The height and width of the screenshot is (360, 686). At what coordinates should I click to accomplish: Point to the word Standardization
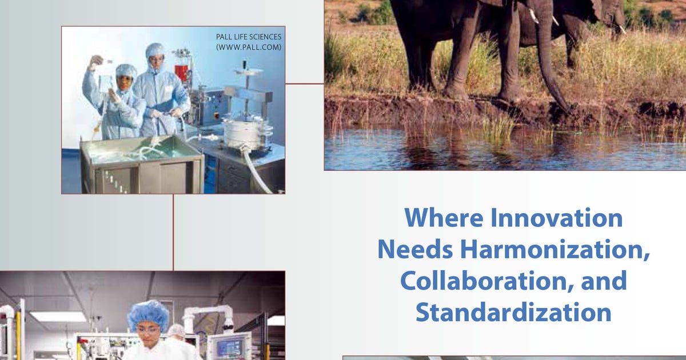pyautogui.click(x=513, y=313)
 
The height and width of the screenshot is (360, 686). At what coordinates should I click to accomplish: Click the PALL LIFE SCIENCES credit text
pyautogui.click(x=249, y=37)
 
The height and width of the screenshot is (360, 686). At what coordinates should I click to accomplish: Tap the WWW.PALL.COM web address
pyautogui.click(x=249, y=47)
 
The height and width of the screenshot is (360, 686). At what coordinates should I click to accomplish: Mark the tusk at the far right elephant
pyautogui.click(x=622, y=28)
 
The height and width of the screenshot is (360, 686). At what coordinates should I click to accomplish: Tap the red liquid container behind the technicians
pyautogui.click(x=182, y=71)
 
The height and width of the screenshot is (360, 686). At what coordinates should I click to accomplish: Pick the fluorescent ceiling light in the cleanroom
pyautogui.click(x=58, y=316)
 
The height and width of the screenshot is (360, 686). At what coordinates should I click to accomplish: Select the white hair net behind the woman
pyautogui.click(x=177, y=330)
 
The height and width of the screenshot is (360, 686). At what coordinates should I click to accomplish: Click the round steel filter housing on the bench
pyautogui.click(x=240, y=132)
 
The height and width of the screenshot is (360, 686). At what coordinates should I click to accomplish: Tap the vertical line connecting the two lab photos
pyautogui.click(x=173, y=232)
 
